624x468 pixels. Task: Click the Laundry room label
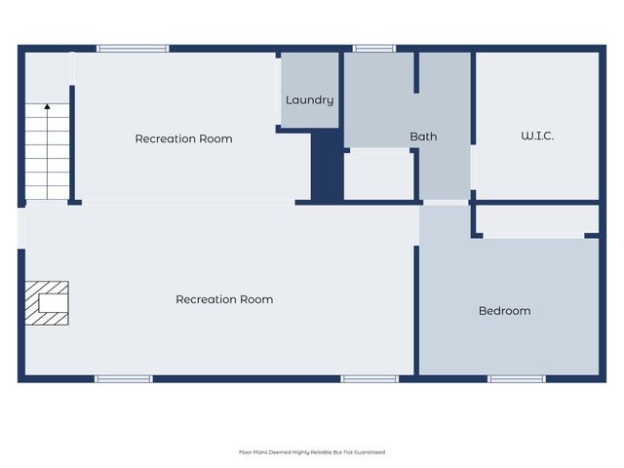coord(309,100)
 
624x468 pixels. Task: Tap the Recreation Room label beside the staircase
coord(183,138)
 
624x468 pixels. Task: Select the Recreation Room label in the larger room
coord(224,299)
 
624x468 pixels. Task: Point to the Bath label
coord(423,136)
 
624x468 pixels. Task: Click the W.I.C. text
coord(537,136)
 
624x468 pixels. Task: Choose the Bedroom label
coord(504,311)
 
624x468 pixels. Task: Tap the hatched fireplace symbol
coord(46,302)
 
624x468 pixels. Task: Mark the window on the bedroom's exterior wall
coord(516,378)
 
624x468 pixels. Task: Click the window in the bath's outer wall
coord(373,48)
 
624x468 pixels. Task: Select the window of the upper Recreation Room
coord(133,48)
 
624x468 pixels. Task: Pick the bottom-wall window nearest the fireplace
coord(123,378)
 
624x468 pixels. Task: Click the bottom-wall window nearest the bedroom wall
coord(370,378)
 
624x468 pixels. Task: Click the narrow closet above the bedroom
coord(534,221)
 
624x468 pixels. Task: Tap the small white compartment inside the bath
coord(379,175)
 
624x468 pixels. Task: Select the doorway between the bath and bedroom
coord(445,203)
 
